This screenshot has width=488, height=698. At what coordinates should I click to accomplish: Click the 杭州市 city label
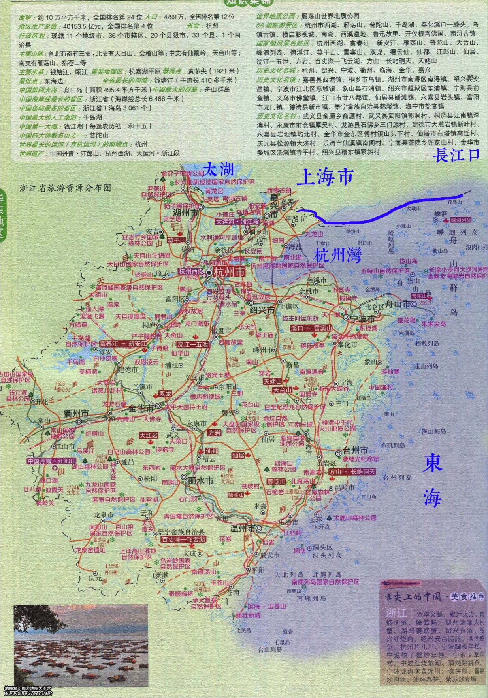coord(229,272)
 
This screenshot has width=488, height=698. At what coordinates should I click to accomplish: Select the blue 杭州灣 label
coord(337,256)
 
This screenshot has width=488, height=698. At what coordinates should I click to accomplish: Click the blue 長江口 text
coord(456,155)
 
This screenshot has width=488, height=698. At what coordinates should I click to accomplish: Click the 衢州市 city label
coord(76,414)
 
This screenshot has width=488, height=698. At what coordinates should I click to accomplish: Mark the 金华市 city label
coord(141,408)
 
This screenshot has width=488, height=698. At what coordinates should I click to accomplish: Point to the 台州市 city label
coord(355,450)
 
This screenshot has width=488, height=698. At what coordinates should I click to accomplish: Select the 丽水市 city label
coord(200,480)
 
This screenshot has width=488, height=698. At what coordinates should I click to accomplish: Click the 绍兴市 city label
coord(262,310)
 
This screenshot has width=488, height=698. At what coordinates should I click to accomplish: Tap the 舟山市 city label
coord(398,304)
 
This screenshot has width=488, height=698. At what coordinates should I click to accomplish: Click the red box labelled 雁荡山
coord(276,482)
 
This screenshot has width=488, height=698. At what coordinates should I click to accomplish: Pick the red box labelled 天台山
coord(282,390)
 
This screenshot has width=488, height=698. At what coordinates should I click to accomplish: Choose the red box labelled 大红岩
coord(148,435)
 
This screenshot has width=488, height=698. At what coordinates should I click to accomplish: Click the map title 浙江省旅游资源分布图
coord(65,188)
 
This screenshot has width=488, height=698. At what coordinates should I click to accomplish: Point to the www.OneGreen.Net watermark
coord(28,693)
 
